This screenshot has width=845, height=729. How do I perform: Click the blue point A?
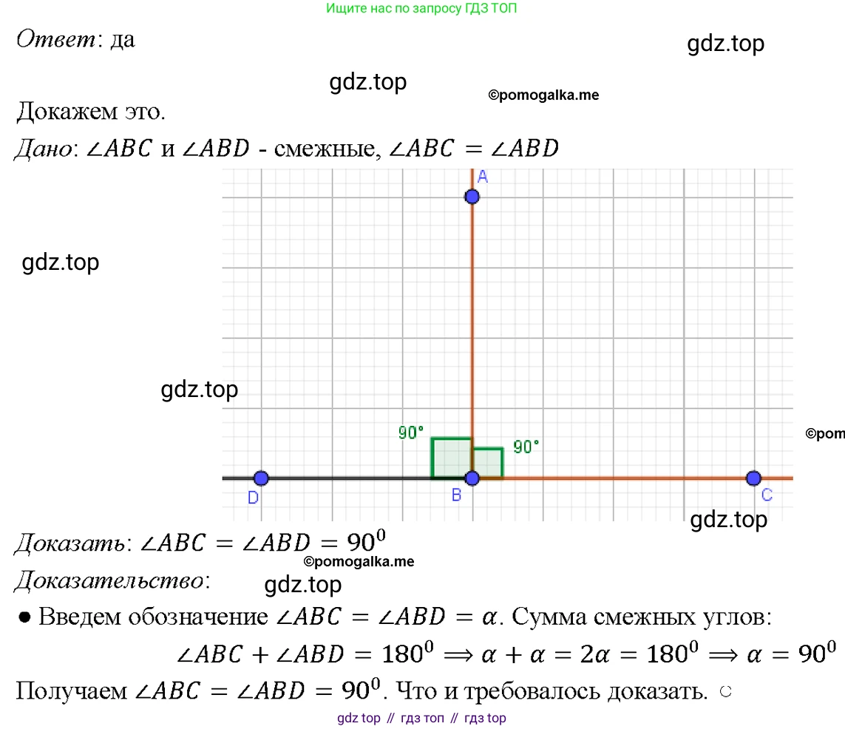472,197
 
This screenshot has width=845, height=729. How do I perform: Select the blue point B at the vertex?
472,478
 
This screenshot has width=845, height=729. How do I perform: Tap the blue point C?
753,478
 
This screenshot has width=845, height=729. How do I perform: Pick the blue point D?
261,478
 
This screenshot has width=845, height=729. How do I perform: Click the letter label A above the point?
482,176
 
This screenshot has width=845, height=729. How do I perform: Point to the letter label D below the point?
253,498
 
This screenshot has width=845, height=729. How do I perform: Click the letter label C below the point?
767,495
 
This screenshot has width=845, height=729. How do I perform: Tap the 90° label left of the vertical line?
411,433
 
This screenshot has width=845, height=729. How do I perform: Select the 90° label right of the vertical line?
526,447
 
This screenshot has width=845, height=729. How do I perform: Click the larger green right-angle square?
451,458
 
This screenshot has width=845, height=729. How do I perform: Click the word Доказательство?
106,581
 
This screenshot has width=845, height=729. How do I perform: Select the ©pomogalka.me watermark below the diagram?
359,562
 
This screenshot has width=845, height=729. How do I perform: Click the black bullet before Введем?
24,617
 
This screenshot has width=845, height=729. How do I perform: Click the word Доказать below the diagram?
68,543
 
